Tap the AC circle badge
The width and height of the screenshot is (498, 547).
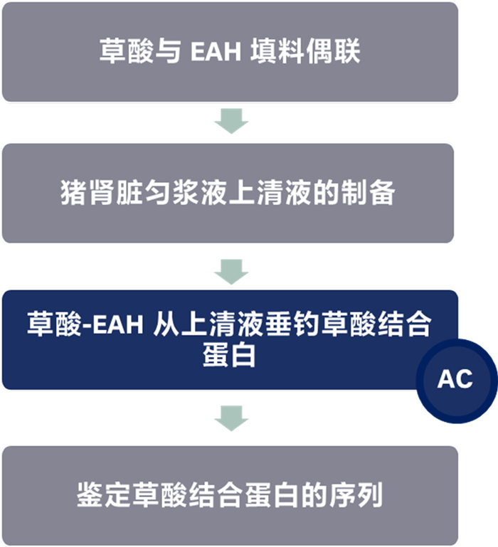(x=455, y=379)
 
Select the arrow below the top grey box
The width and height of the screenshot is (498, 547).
(x=231, y=122)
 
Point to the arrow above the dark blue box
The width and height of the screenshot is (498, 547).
(x=231, y=271)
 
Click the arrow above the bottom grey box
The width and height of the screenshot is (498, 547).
(x=231, y=418)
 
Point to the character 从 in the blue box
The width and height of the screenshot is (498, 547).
(x=166, y=325)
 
